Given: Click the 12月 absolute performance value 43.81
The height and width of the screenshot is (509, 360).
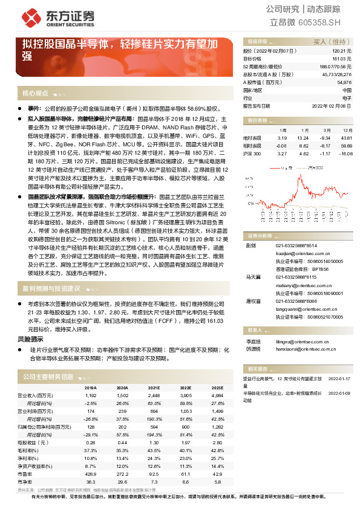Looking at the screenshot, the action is [x=346, y=137].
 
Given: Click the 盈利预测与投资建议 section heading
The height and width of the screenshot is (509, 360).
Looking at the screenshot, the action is [x=51, y=288].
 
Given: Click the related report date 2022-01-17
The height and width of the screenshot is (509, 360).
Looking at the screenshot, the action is [x=339, y=380].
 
